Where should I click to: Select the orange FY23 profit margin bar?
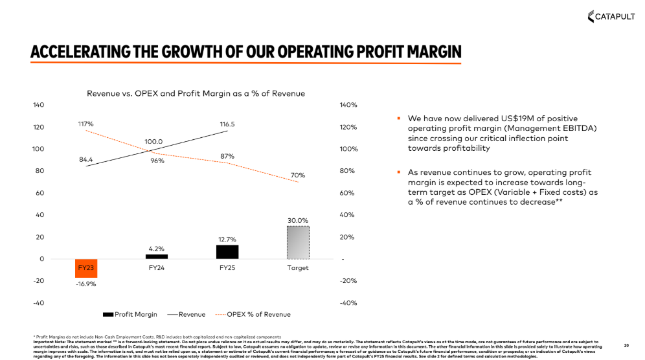pyautogui.click(x=86, y=267)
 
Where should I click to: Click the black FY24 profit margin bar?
pyautogui.click(x=156, y=256)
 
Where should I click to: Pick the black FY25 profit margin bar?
pyautogui.click(x=227, y=252)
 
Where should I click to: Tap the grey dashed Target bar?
pyautogui.click(x=298, y=242)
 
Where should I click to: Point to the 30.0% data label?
pyautogui.click(x=298, y=221)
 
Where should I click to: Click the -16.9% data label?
pyautogui.click(x=86, y=283)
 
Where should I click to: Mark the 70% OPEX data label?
pyautogui.click(x=298, y=175)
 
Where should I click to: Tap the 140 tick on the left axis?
pyautogui.click(x=38, y=105)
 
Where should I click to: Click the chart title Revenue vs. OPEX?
pyautogui.click(x=196, y=93)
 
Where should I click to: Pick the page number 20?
pyautogui.click(x=626, y=344)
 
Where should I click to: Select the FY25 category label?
pyautogui.click(x=227, y=267)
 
